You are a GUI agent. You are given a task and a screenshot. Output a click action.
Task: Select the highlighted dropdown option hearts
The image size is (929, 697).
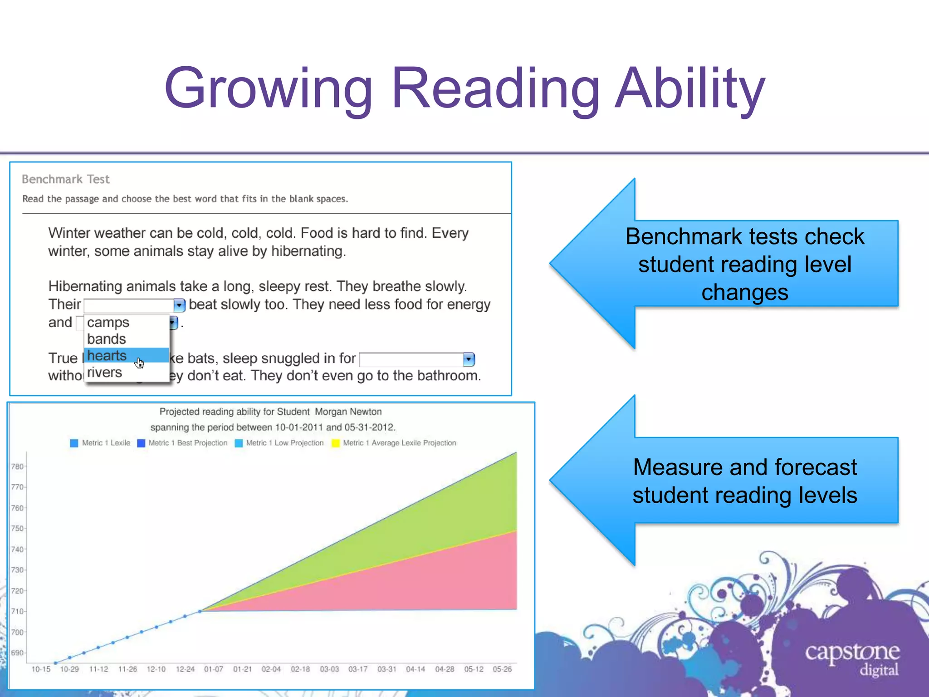coord(107,356)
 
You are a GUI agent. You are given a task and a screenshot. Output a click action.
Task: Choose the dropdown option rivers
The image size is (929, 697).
coord(104,373)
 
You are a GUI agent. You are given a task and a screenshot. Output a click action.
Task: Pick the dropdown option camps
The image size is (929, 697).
coord(108,322)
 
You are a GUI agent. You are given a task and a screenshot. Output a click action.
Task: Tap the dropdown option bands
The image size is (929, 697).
coord(106,339)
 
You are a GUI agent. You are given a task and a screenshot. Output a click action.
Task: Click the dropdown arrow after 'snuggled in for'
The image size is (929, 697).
coord(469,359)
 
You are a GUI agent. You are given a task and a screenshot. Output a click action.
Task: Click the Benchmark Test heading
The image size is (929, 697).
coord(66,179)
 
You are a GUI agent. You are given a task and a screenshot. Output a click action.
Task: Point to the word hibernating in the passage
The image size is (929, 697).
coord(308,251)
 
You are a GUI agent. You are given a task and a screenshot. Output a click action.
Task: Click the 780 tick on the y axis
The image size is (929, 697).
coord(17,466)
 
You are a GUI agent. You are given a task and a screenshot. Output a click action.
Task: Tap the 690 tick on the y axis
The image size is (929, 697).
coord(17,653)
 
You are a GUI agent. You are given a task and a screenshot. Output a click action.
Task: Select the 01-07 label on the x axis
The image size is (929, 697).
coord(213,669)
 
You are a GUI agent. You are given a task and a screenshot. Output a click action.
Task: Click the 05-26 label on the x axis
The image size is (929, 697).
coord(502,669)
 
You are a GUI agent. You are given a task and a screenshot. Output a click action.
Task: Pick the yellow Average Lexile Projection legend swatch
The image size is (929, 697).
coord(336,443)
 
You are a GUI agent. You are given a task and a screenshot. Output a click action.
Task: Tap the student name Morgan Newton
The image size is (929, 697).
coord(348,412)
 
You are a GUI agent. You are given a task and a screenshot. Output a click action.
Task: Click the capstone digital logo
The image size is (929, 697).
coord(852,658)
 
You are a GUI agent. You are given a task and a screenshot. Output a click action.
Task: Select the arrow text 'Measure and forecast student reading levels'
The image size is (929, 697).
coord(744,481)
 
